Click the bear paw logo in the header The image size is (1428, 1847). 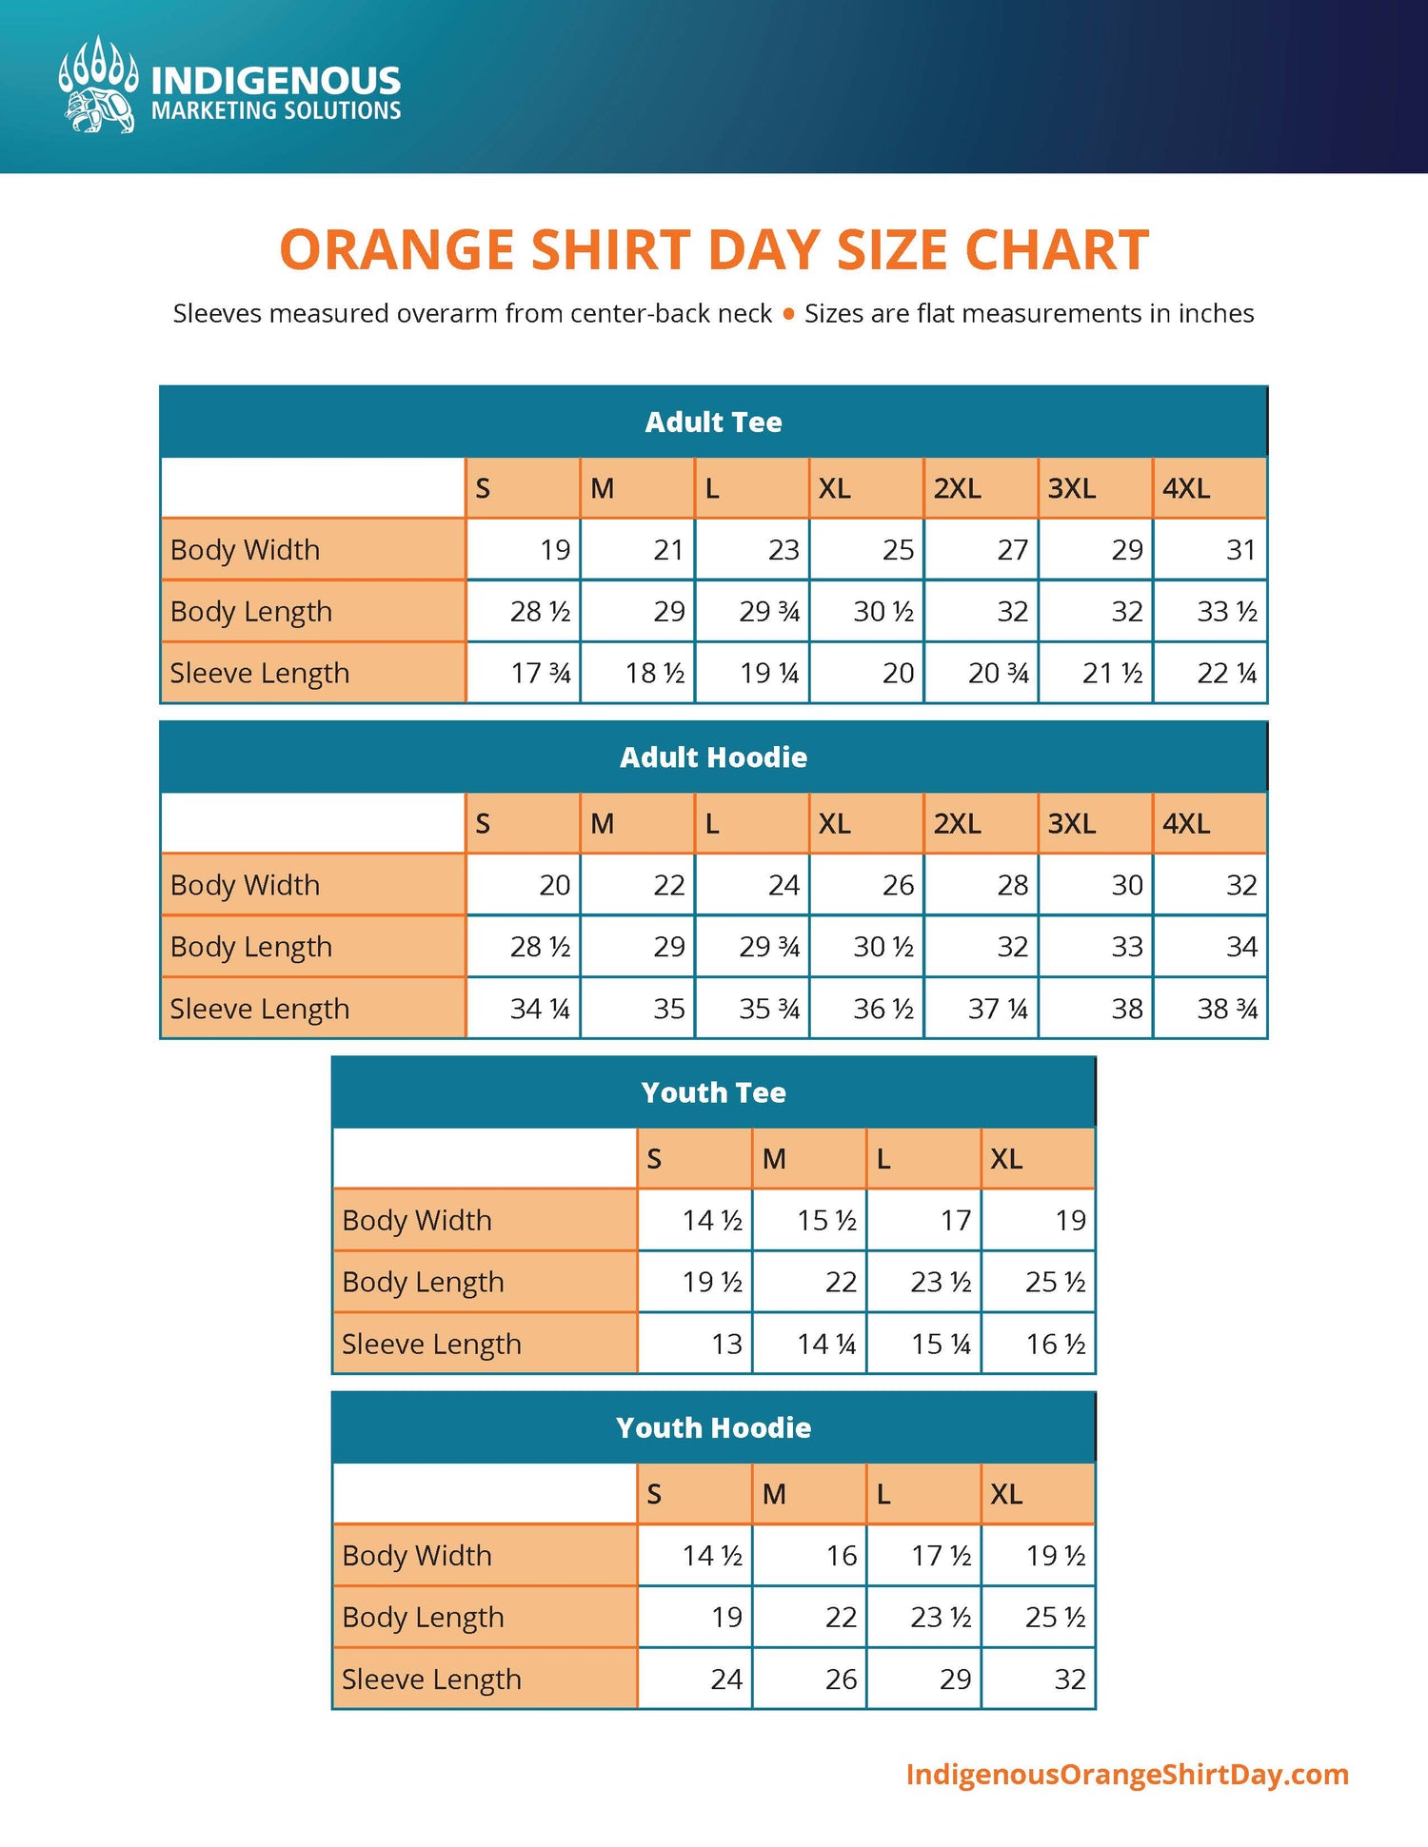[x=97, y=85]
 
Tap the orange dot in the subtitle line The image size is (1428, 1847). [x=788, y=314]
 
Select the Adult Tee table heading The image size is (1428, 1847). [x=714, y=422]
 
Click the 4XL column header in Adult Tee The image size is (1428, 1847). [x=1186, y=488]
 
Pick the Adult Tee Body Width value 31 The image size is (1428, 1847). [x=1240, y=549]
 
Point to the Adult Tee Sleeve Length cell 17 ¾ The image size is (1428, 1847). [x=541, y=673]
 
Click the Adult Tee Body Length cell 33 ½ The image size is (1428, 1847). [x=1227, y=611]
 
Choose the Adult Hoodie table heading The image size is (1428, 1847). [x=714, y=757]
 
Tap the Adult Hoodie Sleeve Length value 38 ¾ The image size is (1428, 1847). [x=1227, y=1009]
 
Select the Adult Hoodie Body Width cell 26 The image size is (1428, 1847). [x=898, y=885]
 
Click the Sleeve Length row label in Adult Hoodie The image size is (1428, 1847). [x=260, y=1009]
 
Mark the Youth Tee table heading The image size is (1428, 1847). [x=714, y=1092]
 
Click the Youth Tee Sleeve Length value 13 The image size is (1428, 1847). [x=727, y=1344]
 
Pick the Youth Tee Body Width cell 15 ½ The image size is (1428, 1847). [x=826, y=1220]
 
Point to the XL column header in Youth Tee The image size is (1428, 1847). [x=1006, y=1159]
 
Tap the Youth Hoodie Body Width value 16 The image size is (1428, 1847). [x=842, y=1555]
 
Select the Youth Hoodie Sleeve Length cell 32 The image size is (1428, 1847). [x=1070, y=1679]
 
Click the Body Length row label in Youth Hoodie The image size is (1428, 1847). [x=423, y=1617]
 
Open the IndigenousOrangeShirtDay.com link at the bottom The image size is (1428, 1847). [x=1127, y=1775]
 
